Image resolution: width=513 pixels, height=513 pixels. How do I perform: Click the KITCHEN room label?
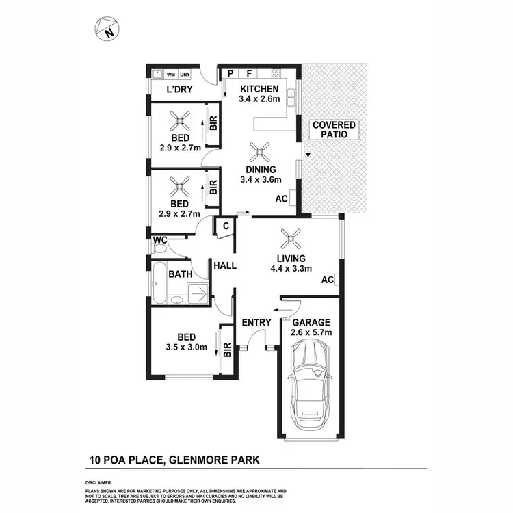259,89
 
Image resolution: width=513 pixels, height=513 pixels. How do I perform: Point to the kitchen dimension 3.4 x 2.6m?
259,100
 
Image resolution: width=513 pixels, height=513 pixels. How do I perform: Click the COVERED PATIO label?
334,130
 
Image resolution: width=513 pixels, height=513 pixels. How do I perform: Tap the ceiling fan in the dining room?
259,152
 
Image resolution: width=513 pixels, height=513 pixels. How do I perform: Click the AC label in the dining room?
280,199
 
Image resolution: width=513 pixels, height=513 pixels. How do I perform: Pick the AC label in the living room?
327,280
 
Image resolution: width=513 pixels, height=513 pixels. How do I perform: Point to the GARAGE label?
312,322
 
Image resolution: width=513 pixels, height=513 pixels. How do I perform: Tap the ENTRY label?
256,322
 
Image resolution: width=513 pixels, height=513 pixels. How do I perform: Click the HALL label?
225,265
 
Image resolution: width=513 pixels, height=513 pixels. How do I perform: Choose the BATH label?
180,274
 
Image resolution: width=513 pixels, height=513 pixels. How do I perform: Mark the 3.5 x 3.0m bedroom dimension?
187,347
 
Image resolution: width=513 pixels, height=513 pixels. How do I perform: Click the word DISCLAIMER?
99,482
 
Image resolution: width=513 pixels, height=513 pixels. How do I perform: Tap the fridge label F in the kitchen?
249,73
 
